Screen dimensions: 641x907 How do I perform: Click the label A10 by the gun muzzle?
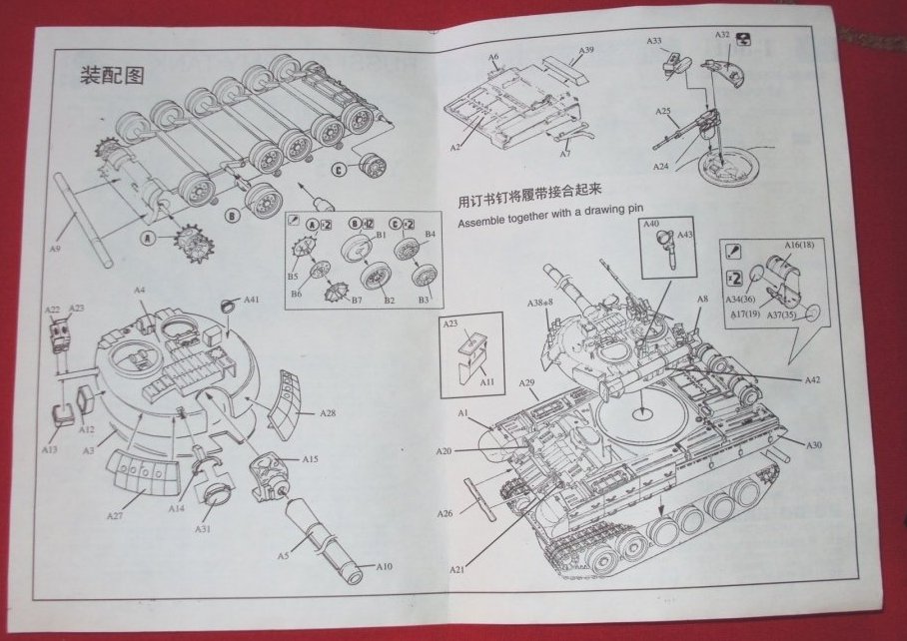(x=384, y=566)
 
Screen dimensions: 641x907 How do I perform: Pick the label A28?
(x=329, y=412)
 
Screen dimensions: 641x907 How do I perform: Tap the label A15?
(x=310, y=458)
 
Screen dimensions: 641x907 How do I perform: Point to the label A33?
(x=653, y=41)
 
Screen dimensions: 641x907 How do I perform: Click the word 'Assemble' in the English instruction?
(x=482, y=223)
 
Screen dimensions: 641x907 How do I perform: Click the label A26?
(x=446, y=513)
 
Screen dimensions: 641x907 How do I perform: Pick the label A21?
(x=456, y=569)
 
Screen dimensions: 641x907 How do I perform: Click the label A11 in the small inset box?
(x=486, y=381)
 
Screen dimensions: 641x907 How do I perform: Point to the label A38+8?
(x=541, y=303)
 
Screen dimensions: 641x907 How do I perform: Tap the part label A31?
(x=203, y=528)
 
